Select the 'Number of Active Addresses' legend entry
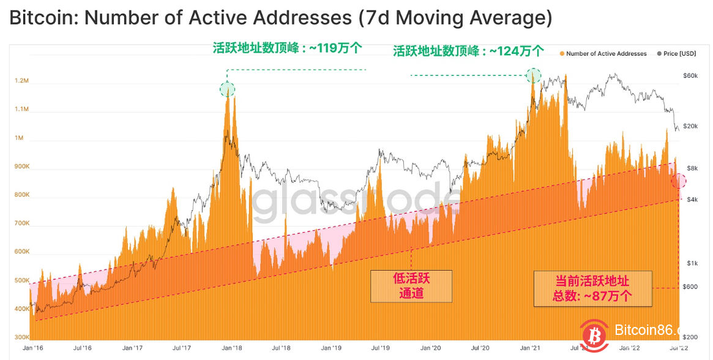[x=605, y=54]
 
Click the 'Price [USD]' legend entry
[x=679, y=54]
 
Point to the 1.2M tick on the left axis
[x=21, y=81]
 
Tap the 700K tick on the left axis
[x=21, y=223]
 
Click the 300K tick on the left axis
[x=21, y=337]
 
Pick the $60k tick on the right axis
[x=691, y=75]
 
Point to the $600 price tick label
[x=691, y=287]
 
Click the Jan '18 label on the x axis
[x=233, y=348]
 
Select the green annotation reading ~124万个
[x=468, y=51]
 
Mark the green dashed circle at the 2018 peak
[x=227, y=90]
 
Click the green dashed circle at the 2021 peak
[x=534, y=75]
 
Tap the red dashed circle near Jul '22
[x=679, y=181]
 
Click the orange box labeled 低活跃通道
[x=411, y=286]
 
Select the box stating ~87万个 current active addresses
[x=592, y=288]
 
